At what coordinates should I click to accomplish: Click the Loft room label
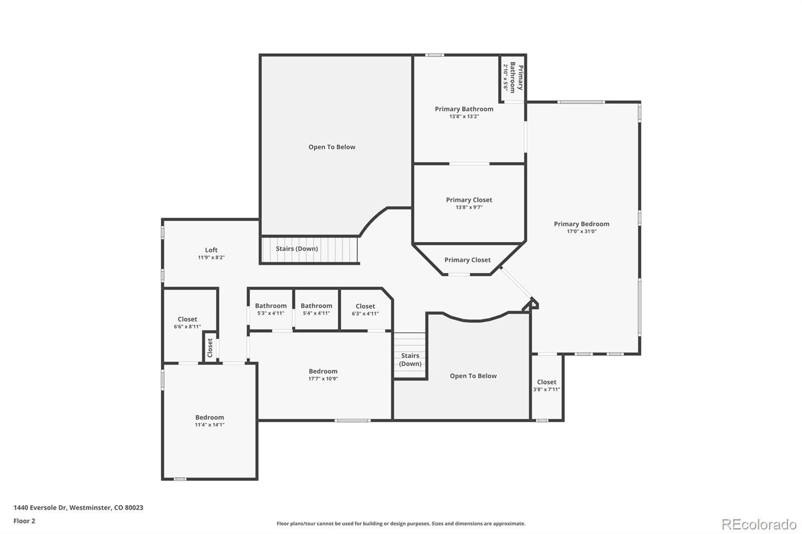click(x=211, y=250)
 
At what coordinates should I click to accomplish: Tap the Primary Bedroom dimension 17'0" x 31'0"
click(x=581, y=231)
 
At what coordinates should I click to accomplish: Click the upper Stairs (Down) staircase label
click(x=297, y=249)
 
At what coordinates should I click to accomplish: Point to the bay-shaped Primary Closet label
click(x=467, y=260)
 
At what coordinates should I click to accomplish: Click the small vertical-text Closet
click(x=210, y=347)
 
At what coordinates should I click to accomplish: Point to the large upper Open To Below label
click(x=332, y=147)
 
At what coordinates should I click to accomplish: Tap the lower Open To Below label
click(x=473, y=376)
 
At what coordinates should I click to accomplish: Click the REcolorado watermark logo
click(x=758, y=524)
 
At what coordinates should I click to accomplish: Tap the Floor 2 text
click(x=24, y=521)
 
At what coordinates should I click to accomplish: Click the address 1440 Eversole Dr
click(x=78, y=507)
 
